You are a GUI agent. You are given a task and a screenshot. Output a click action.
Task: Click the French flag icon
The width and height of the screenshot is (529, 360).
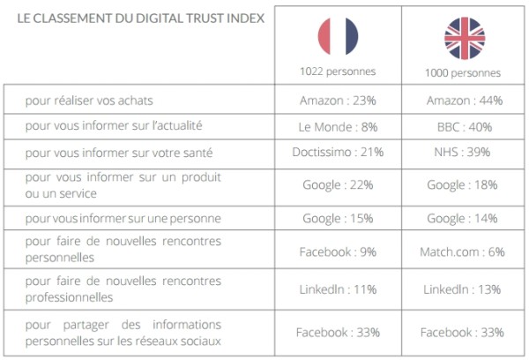click(x=338, y=35)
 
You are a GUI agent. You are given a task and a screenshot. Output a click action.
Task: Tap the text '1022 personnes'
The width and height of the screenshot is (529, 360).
click(x=338, y=71)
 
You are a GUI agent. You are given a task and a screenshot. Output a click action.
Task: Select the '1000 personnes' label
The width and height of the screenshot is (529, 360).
click(x=464, y=72)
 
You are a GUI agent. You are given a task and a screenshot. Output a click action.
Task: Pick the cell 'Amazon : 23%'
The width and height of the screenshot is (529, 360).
click(x=338, y=101)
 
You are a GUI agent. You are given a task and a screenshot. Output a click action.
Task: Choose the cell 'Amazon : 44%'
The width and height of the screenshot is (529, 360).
click(x=464, y=101)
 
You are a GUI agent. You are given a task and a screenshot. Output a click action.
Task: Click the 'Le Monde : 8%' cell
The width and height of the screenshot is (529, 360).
click(x=338, y=126)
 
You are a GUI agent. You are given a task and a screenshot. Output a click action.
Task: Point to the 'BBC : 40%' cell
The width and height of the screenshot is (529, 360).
click(x=464, y=126)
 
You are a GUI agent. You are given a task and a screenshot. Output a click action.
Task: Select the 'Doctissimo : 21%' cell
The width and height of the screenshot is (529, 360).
click(x=338, y=152)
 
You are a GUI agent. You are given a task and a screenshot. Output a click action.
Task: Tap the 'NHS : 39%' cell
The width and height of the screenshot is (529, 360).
click(x=464, y=152)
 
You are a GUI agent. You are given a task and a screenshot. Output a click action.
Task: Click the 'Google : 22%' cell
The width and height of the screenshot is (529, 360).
click(x=338, y=184)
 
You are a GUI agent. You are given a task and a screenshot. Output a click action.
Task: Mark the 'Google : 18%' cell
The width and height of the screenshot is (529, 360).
click(x=464, y=184)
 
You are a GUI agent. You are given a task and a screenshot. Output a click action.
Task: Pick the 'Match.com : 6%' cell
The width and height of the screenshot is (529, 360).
click(x=464, y=251)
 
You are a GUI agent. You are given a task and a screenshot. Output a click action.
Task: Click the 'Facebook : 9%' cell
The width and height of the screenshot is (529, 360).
click(x=338, y=251)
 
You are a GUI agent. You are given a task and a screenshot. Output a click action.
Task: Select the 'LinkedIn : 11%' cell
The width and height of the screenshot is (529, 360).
click(x=338, y=289)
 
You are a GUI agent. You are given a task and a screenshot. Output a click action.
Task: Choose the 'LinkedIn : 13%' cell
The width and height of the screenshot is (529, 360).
click(x=464, y=289)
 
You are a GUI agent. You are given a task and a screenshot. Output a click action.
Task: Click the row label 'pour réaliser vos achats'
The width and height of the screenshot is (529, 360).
click(x=95, y=101)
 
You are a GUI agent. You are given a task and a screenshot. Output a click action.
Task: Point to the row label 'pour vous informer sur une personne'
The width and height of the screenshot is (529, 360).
click(x=123, y=218)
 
